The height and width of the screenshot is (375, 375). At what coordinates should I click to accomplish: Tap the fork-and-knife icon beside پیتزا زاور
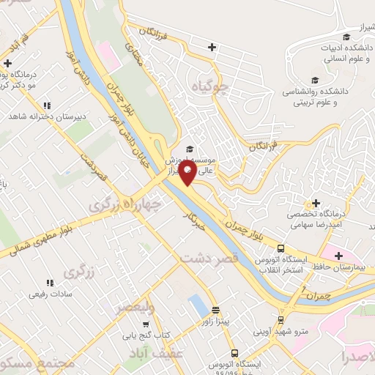pyautogui.click(x=216, y=310)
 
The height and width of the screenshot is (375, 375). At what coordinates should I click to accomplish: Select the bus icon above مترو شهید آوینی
pyautogui.click(x=282, y=320)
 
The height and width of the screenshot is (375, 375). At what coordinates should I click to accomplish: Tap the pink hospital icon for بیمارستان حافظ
pyautogui.click(x=338, y=256)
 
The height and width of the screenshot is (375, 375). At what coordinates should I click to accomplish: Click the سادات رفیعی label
pyautogui.click(x=50, y=294)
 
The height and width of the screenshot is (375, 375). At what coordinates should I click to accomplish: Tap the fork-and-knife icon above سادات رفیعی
pyautogui.click(x=50, y=282)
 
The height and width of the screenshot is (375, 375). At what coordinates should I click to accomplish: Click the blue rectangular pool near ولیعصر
pyautogui.click(x=197, y=304)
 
